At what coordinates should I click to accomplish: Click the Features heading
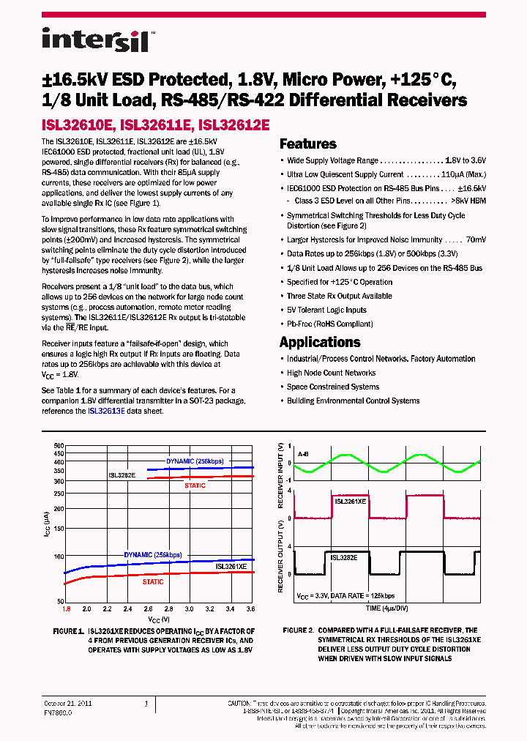pos(307,144)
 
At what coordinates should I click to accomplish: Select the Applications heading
pos(320,342)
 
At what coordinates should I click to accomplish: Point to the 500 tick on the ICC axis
pos(59,445)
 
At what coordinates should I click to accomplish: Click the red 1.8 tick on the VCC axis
pos(66,608)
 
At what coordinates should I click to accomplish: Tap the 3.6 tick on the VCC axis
pos(250,608)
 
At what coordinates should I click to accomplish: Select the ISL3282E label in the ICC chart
pos(122,475)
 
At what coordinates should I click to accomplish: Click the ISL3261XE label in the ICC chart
pos(230,567)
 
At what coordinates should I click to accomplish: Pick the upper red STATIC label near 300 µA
pos(195,485)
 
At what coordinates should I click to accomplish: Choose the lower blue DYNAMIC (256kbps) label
pos(152,555)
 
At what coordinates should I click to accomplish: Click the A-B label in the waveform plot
pos(302,454)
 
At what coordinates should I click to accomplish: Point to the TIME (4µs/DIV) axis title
pos(388,608)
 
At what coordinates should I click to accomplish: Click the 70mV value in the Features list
pos(475,239)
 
